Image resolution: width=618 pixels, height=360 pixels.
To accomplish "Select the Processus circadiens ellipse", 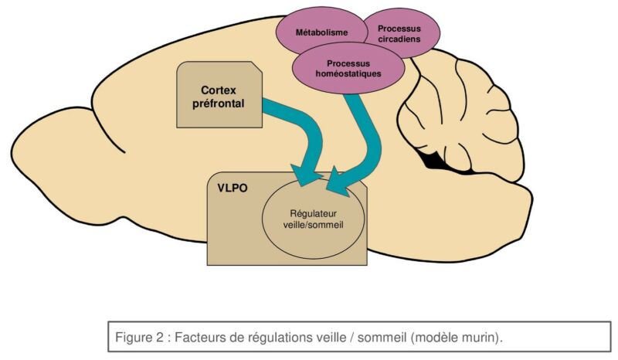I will pos(399,32).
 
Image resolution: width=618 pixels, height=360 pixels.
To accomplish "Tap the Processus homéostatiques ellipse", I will pos(348,68).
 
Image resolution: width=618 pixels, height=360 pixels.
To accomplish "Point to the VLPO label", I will pos(233,188).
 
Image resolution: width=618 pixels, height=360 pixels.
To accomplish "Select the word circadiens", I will pos(399,39).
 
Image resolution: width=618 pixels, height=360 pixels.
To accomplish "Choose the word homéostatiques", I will pos(348,74).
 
